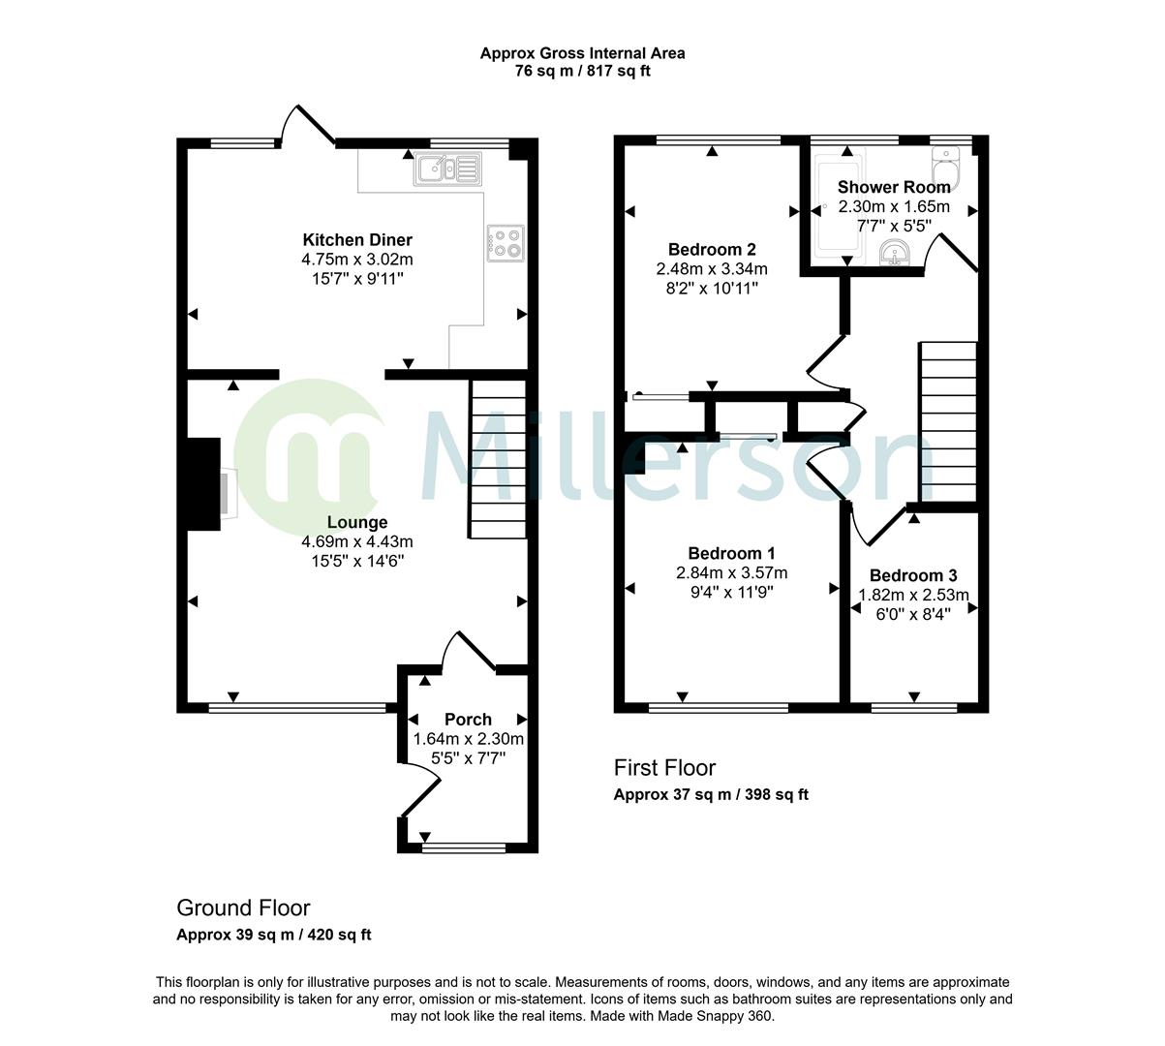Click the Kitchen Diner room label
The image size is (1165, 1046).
coord(357,240)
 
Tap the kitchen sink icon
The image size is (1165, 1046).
coord(447,169)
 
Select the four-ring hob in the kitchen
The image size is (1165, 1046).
coord(506,243)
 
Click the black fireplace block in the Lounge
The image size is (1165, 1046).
coord(203,483)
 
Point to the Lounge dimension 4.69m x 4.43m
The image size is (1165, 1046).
coord(357,541)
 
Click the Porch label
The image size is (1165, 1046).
coord(468,720)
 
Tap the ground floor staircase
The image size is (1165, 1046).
coord(498,458)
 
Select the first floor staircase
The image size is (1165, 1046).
coord(948,421)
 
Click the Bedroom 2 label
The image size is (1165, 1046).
coord(712,250)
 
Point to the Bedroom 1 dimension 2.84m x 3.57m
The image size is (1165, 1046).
coord(731,572)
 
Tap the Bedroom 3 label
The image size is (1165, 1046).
coord(913,575)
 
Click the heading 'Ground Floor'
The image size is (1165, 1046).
coord(243,908)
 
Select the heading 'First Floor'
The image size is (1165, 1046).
coord(664,768)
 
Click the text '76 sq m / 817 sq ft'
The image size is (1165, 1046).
coord(583,71)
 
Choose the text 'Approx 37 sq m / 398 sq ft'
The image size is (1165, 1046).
coord(711,795)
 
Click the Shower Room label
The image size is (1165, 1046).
coord(894,187)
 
